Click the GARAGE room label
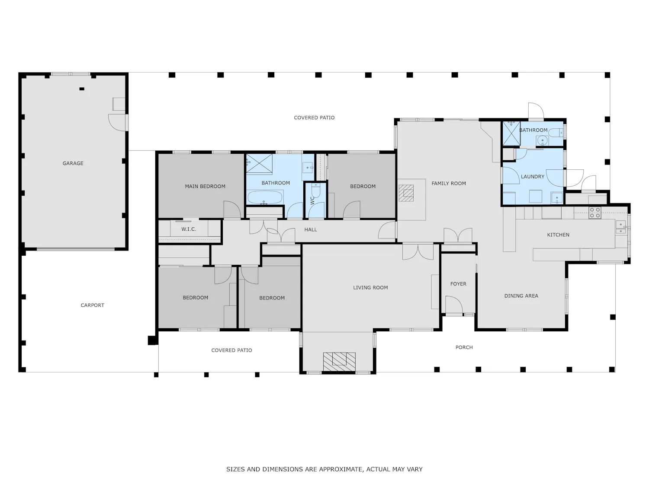(x=73, y=163)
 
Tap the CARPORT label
(x=92, y=305)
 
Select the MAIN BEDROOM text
(x=205, y=186)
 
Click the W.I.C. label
(x=189, y=229)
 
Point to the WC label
(x=312, y=200)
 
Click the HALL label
(x=311, y=229)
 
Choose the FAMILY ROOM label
(x=449, y=183)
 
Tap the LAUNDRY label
(x=533, y=176)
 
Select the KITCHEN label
(x=558, y=235)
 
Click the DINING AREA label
(x=521, y=295)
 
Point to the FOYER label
(x=458, y=283)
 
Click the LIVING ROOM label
(x=370, y=287)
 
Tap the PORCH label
(x=464, y=347)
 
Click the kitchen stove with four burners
(x=594, y=213)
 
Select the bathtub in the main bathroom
(x=265, y=197)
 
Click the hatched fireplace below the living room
(x=339, y=362)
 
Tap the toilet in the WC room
(x=316, y=191)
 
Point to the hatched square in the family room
(x=406, y=193)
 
